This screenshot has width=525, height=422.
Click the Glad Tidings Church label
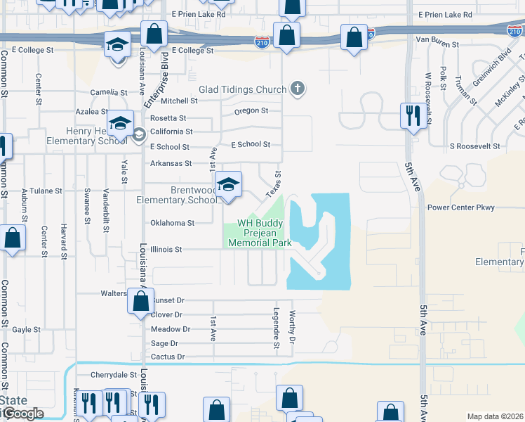(243, 89)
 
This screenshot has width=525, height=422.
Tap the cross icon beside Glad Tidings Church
(298, 89)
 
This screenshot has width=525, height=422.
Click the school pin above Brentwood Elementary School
(228, 185)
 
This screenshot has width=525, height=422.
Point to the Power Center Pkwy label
(461, 207)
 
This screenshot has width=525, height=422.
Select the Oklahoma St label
(172, 223)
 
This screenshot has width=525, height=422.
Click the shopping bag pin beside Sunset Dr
(141, 302)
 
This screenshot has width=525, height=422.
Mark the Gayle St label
(26, 329)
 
